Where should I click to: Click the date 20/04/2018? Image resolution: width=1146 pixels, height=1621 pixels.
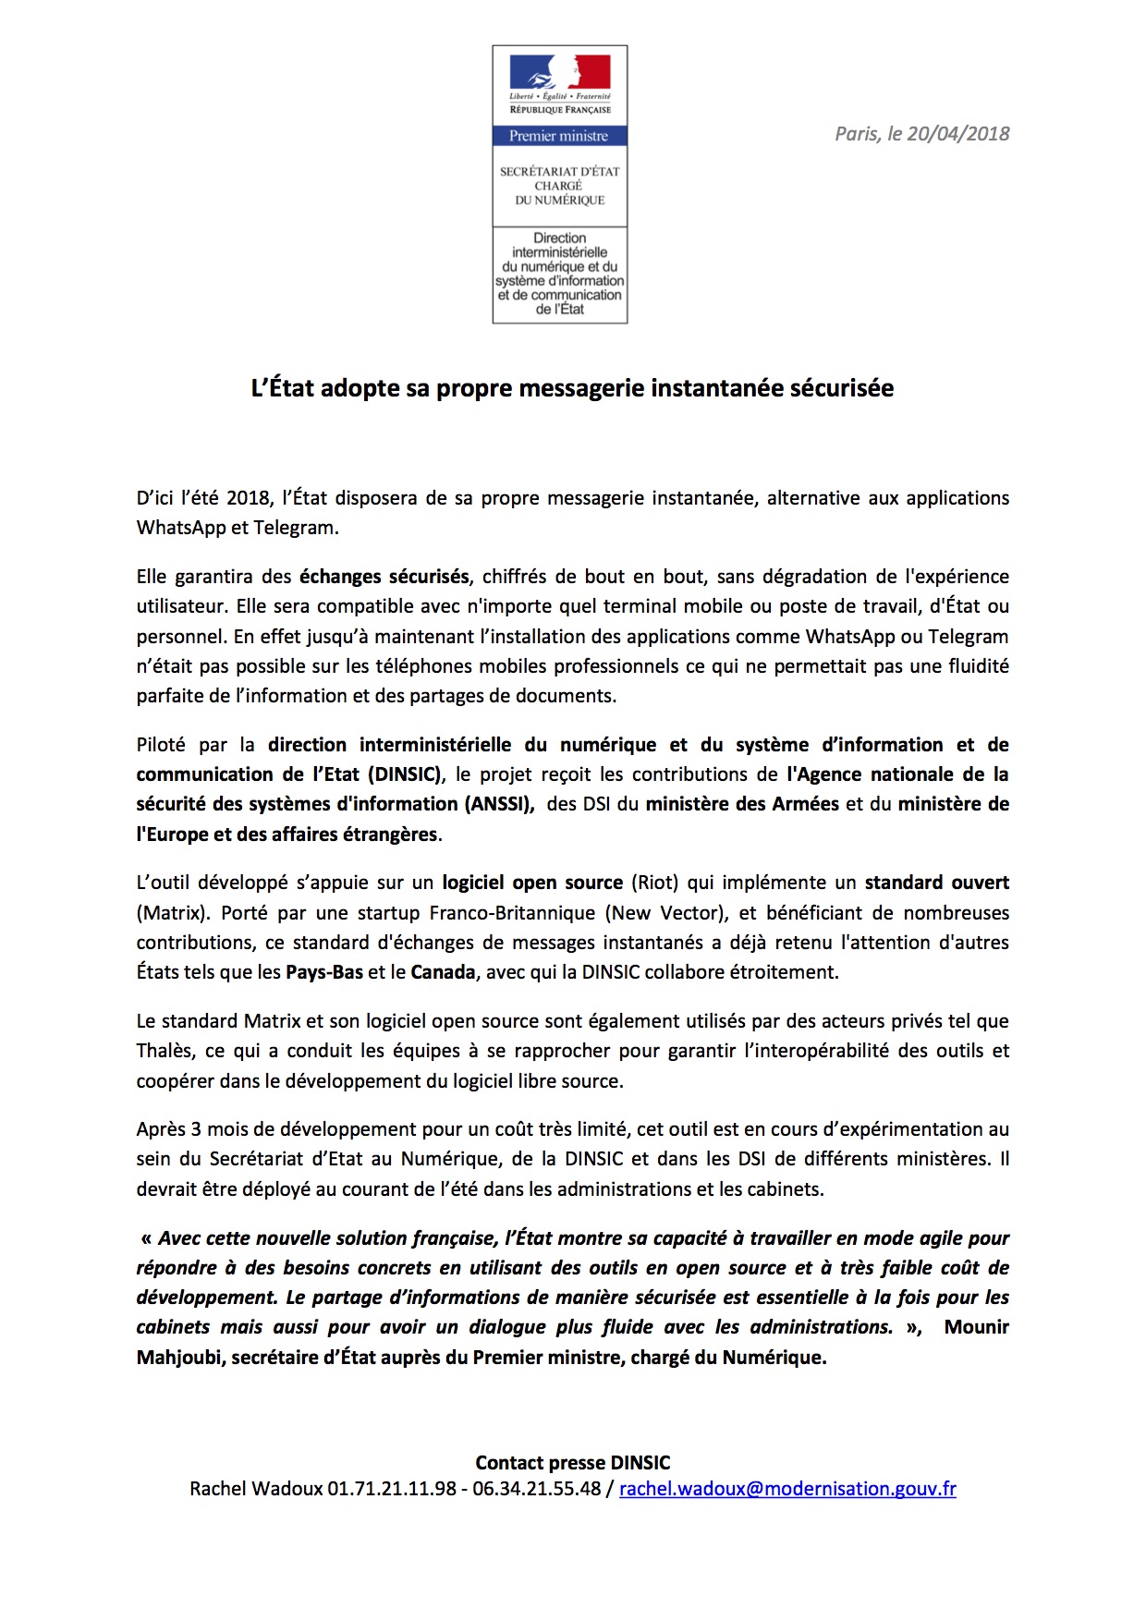(x=958, y=134)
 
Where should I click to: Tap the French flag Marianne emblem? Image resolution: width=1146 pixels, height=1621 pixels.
(x=560, y=71)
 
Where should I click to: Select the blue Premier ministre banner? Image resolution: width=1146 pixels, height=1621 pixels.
(x=559, y=136)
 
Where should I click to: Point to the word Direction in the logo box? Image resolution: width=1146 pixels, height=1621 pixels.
(x=559, y=238)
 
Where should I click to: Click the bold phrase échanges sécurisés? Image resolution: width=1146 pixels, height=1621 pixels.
(x=384, y=577)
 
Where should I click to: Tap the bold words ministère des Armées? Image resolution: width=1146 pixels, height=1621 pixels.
(x=742, y=804)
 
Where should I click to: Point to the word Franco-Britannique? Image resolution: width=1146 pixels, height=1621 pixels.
(x=512, y=913)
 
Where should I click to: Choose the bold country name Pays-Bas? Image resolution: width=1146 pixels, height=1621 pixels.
(x=324, y=972)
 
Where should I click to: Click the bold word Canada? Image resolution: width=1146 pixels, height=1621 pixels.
(x=443, y=972)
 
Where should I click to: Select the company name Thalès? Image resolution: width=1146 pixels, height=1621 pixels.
(x=165, y=1051)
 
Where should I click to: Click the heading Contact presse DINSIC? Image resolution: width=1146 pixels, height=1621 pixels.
(x=573, y=1463)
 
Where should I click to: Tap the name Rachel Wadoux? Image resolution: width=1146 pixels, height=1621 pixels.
(x=256, y=1489)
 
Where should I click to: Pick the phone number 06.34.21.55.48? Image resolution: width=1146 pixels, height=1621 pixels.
(x=537, y=1489)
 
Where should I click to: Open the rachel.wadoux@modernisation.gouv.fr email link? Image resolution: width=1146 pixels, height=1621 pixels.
(x=787, y=1489)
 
